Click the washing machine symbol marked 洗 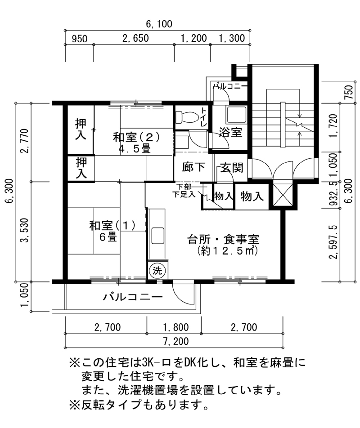click(157, 271)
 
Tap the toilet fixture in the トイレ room click(186, 116)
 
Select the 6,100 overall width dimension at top click(159, 24)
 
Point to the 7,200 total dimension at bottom click(176, 341)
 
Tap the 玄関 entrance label click(232, 167)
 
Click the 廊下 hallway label click(193, 167)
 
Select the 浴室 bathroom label click(230, 132)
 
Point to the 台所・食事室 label click(223, 239)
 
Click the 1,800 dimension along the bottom click(176, 327)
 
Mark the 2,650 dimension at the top click(136, 38)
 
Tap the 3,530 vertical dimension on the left click(25, 230)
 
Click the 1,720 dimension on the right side click(333, 126)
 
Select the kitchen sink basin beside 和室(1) click(157, 235)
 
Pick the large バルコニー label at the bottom click(133, 297)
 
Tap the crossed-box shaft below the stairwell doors click(283, 195)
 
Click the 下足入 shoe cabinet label click(184, 195)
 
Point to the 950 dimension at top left click(80, 39)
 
